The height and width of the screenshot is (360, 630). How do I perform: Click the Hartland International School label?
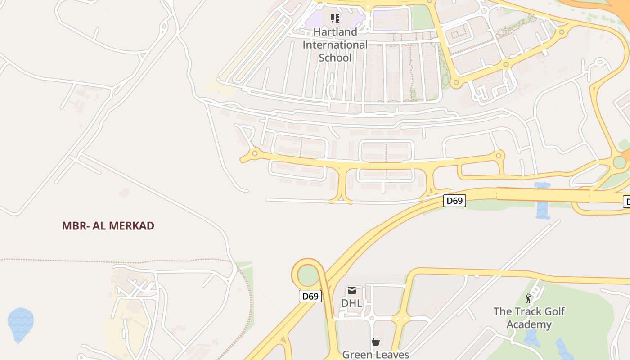point(335,45)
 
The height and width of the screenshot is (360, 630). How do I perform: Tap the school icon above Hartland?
point(335,18)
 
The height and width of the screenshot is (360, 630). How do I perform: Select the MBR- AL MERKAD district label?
point(108,226)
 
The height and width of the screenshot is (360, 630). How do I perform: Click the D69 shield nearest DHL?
point(310,296)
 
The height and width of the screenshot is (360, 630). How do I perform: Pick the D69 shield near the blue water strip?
point(454,201)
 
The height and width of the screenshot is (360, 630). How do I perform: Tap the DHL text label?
point(351,303)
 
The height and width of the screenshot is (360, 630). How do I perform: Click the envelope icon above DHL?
point(351,291)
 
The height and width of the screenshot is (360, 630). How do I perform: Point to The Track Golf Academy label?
point(529,318)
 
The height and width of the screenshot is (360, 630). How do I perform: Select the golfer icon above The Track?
point(528,298)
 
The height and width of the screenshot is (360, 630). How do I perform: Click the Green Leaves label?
point(375,355)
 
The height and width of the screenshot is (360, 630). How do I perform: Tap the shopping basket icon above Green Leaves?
point(375,342)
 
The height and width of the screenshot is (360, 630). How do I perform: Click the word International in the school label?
point(335,45)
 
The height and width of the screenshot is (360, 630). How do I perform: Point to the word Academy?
point(529,324)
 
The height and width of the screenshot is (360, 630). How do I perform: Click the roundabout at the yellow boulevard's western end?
point(255,154)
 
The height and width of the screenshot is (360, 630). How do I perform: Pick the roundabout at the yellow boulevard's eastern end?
point(499,156)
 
